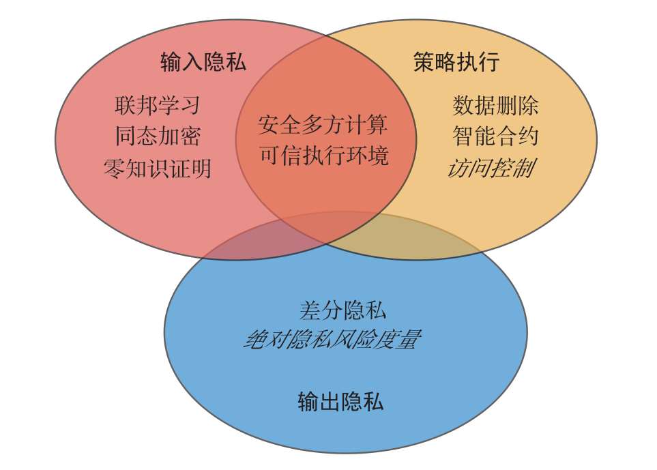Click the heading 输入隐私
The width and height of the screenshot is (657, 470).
[203, 62]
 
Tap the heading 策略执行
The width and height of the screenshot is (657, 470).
[456, 62]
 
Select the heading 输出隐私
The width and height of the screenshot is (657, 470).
[340, 401]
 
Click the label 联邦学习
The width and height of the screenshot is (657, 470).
[158, 106]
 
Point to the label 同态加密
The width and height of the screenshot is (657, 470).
[158, 136]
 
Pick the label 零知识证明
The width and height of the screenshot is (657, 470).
[158, 168]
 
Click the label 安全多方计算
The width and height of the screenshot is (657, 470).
[323, 125]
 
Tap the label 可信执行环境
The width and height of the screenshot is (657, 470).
[323, 156]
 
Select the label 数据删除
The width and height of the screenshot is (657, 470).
[495, 106]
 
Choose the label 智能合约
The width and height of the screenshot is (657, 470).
[495, 136]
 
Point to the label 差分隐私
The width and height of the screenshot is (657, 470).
[342, 311]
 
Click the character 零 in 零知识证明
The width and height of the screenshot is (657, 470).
[114, 168]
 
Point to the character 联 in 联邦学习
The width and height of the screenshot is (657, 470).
[126, 106]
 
